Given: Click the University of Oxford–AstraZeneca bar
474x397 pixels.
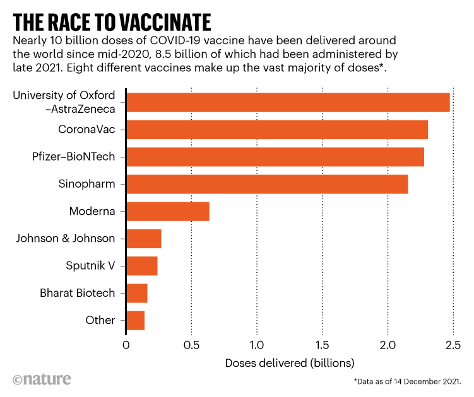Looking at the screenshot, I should point(288,102).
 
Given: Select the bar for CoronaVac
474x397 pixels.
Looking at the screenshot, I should point(277,130).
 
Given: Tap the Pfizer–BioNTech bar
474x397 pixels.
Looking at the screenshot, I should point(275,157).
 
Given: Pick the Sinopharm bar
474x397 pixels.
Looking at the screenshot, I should point(267,184).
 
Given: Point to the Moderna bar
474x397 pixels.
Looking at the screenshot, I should point(168,212).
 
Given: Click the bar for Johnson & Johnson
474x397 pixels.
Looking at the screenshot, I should point(144,239).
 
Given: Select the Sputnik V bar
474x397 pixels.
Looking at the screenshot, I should point(142,266).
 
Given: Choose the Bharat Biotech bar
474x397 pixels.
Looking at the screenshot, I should point(137,293).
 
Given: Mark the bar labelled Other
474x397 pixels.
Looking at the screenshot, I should point(136,320).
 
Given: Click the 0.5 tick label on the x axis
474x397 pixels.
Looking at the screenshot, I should point(192,345).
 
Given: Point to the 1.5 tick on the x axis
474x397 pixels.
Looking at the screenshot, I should point(323,345).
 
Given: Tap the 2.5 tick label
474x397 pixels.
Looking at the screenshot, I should point(452,345).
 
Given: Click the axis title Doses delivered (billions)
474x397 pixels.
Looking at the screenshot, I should point(290,364).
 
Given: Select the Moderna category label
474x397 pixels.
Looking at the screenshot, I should point(92,212).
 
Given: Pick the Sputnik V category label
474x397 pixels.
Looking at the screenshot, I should point(90,266).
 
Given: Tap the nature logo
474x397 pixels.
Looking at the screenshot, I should point(42,379).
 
